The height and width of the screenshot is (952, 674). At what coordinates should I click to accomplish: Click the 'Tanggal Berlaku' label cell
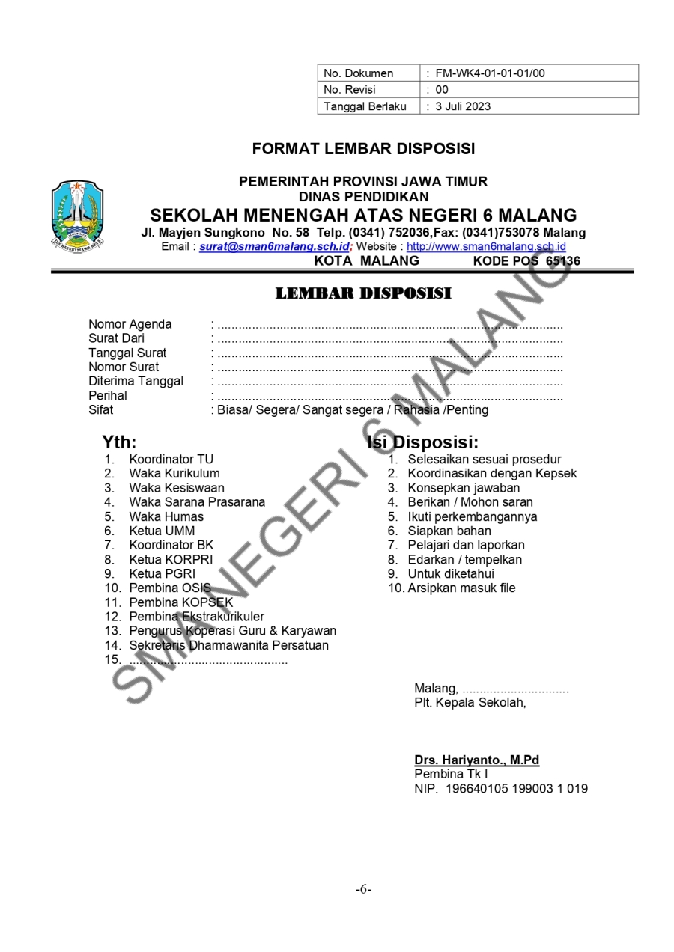[365, 106]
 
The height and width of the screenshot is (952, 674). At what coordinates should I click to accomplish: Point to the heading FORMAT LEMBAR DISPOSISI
[363, 149]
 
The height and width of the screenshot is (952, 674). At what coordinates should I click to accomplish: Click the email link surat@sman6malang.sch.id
[274, 246]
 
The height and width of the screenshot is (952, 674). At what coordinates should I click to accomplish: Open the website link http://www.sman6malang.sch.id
[486, 246]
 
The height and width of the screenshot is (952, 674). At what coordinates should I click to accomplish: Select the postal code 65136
[563, 261]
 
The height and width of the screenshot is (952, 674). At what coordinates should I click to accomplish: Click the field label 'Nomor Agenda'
[130, 324]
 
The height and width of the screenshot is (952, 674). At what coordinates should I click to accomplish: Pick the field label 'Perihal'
[108, 395]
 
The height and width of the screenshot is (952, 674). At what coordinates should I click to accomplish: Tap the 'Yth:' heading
[120, 442]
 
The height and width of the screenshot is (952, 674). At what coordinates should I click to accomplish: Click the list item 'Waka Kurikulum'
[174, 473]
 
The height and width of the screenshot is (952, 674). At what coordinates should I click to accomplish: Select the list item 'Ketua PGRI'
[162, 573]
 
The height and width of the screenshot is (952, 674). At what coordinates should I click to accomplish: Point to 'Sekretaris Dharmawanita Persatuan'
[228, 645]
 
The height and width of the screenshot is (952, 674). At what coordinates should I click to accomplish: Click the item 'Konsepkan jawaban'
[464, 487]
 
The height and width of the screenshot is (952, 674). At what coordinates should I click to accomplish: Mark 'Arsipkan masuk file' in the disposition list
[461, 588]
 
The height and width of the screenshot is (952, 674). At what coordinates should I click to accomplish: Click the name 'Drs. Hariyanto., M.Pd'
[476, 760]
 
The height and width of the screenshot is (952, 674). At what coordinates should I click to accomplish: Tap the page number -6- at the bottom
[364, 889]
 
